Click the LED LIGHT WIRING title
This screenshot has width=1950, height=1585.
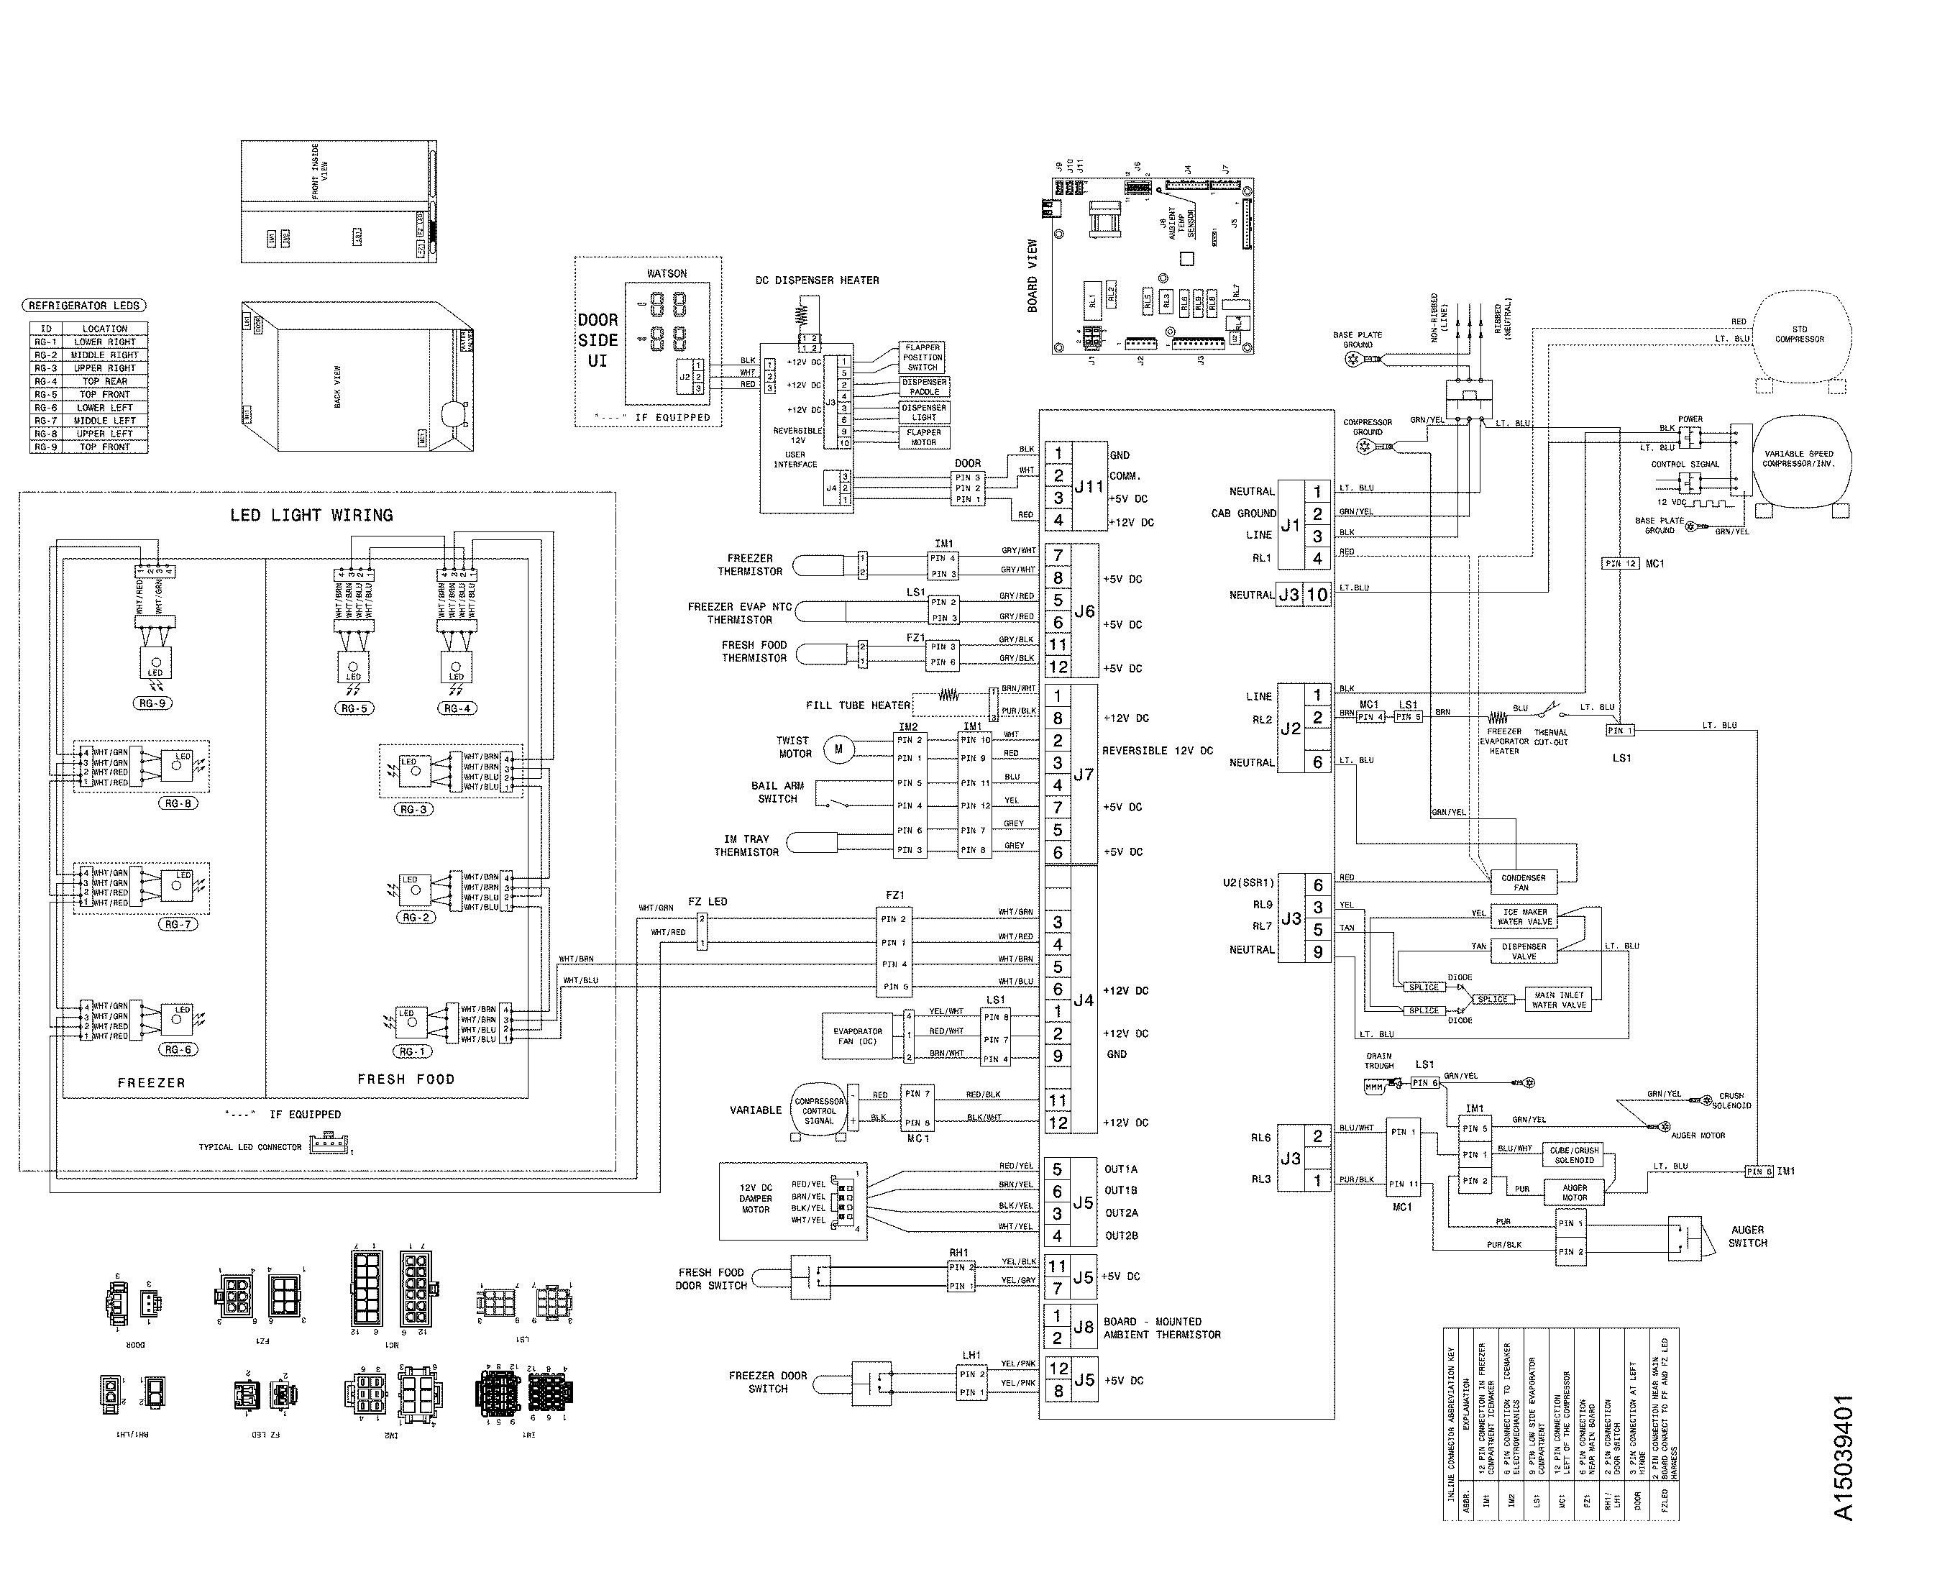[x=311, y=515]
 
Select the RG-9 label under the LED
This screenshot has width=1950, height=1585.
[x=152, y=703]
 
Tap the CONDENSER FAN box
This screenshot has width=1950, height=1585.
[x=1524, y=882]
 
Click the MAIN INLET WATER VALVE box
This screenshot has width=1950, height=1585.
[x=1560, y=1000]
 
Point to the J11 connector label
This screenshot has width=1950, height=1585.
[x=1088, y=487]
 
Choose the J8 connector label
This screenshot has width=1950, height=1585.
[x=1083, y=1327]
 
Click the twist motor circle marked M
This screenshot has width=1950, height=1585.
[x=838, y=749]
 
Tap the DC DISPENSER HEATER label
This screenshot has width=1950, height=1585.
[x=816, y=280]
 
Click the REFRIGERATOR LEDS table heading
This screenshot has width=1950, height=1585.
[x=84, y=306]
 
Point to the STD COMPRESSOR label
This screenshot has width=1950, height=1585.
[x=1800, y=334]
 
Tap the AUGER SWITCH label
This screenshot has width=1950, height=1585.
[x=1747, y=1236]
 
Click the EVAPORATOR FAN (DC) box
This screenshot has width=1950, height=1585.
[x=857, y=1036]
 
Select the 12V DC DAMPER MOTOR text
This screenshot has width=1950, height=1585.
[x=755, y=1199]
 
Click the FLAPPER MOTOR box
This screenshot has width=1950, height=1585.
[x=923, y=437]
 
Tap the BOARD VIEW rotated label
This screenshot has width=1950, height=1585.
[x=1033, y=275]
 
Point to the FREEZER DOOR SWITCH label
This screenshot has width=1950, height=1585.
[x=768, y=1381]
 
